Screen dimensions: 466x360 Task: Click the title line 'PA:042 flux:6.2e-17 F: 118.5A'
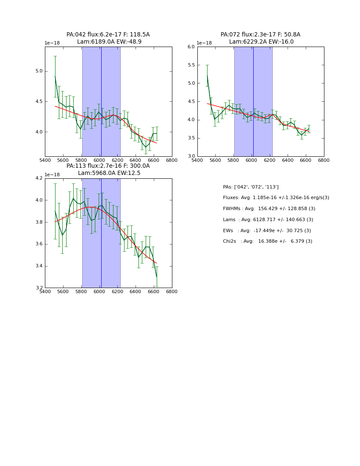tap(108, 35)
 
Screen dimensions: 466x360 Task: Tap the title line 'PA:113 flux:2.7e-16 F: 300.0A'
tap(108, 166)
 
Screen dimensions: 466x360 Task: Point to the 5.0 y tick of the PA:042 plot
tap(39, 71)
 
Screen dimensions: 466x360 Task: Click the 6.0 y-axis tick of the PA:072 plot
tap(191, 47)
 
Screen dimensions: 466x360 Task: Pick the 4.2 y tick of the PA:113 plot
tap(39, 178)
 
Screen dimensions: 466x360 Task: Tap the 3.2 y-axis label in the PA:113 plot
tap(39, 288)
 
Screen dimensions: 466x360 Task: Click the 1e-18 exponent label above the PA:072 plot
tap(204, 43)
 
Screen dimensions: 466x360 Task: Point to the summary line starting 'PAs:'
tap(251, 187)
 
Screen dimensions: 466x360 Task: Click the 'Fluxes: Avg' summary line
tap(276, 198)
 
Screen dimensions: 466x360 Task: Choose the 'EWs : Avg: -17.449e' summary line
tap(267, 231)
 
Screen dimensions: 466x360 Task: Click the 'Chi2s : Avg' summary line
tap(267, 241)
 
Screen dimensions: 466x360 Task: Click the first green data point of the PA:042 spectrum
tap(55, 77)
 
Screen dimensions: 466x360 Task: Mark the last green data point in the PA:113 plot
tap(157, 277)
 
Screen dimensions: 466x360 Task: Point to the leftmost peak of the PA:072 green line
tap(207, 76)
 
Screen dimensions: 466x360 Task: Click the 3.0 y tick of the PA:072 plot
tap(191, 156)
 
